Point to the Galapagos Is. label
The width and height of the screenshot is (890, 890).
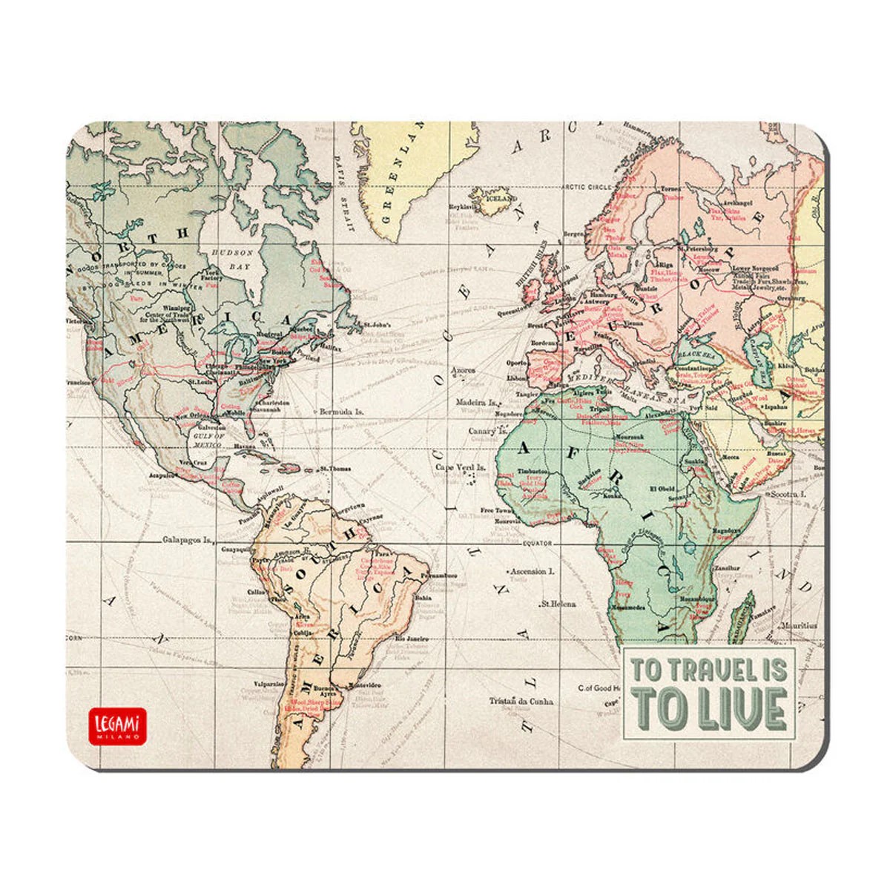pos(188,541)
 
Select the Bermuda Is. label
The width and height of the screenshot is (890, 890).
pos(340,411)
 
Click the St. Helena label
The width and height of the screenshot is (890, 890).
pos(558,604)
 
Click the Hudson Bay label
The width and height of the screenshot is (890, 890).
pos(232,257)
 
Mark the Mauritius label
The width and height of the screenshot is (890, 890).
pos(797,625)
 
